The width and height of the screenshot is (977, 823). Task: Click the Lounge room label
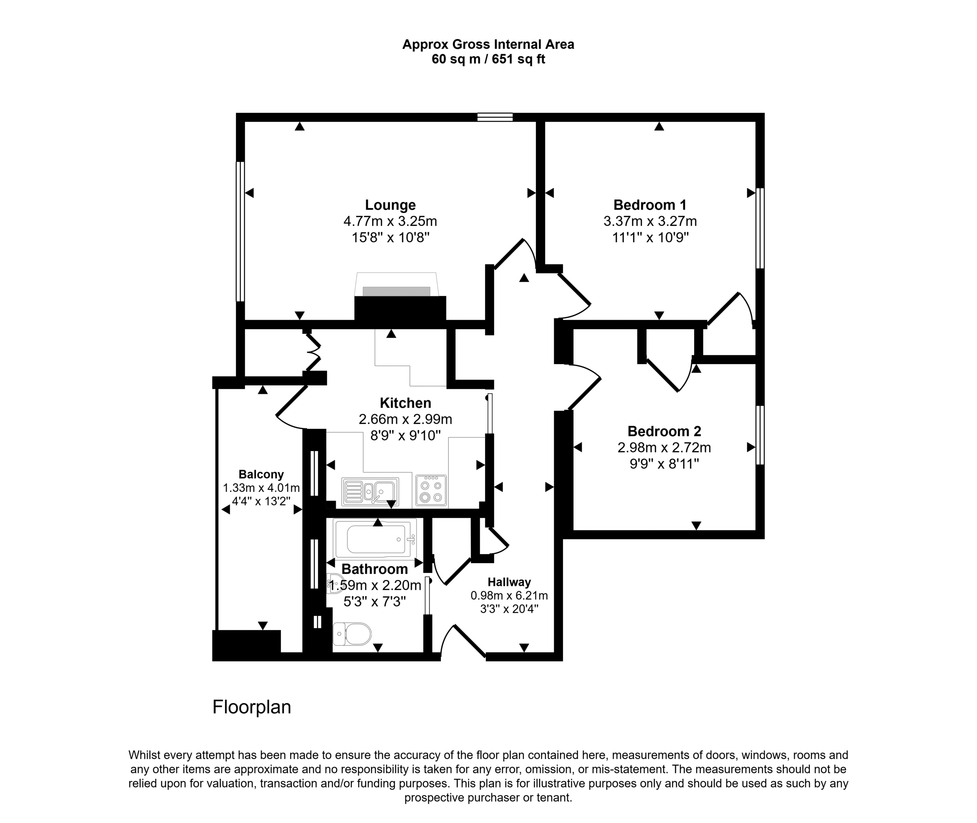pos(390,205)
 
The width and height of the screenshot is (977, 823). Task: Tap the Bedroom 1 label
pos(650,205)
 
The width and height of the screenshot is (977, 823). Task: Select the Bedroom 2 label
pos(664,431)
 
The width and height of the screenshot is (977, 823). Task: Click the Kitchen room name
pos(405,403)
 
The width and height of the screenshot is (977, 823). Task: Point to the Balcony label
pos(261,475)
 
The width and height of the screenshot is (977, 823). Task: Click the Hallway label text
pos(509,582)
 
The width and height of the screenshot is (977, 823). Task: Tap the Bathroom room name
pos(375,569)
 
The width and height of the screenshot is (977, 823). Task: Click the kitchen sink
pos(370,492)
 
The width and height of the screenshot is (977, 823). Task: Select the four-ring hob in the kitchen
pos(431,491)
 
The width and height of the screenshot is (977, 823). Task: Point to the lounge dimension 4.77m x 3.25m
pos(390,221)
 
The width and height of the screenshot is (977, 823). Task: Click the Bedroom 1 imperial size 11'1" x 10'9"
pos(650,237)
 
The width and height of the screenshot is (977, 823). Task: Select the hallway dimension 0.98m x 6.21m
pos(509,596)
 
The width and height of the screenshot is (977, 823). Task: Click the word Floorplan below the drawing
pos(252,707)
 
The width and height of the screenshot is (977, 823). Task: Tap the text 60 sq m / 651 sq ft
pos(488,59)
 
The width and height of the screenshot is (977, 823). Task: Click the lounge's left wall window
pos(240,232)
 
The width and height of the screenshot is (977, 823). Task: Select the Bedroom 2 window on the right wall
pos(760,435)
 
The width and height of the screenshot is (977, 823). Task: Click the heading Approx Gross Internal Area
pos(488,44)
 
